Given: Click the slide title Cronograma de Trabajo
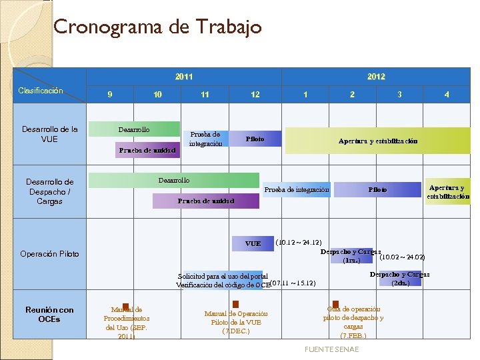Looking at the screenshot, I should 157,27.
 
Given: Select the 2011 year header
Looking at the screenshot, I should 184,77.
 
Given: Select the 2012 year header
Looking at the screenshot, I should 376,77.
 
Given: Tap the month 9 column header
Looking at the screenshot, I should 111,95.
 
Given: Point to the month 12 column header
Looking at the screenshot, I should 255,95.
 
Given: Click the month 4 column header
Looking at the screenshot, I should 447,95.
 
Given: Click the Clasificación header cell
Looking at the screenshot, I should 41,91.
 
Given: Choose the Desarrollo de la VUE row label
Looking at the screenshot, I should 49,134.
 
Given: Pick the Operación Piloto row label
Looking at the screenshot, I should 49,254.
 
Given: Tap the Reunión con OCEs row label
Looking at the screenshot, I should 49,314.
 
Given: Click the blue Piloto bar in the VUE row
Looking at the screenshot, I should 255,139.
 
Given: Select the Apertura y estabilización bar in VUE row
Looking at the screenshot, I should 378,141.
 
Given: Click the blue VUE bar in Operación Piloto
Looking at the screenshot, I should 253,244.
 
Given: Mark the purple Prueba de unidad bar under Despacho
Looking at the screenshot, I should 206,201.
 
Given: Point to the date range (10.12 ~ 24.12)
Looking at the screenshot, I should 299,242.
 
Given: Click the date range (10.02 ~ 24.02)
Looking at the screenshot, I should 402,257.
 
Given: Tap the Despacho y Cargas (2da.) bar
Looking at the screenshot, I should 400,278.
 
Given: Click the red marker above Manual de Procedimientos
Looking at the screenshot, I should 125,306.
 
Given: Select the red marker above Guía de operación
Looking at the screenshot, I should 335,304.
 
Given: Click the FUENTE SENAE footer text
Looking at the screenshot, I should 331,349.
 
